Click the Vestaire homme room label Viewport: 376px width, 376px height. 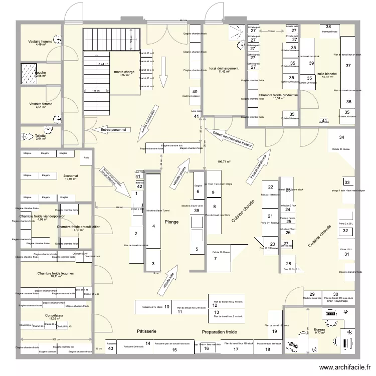click(x=41, y=41)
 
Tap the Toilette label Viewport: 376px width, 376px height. click(x=41, y=136)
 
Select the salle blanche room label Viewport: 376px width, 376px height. click(x=328, y=74)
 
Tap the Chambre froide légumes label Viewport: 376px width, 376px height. click(x=56, y=273)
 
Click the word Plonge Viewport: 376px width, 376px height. click(x=171, y=221)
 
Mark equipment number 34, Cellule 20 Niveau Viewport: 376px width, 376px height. click(x=341, y=137)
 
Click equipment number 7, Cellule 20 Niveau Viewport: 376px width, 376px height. click(x=215, y=259)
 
